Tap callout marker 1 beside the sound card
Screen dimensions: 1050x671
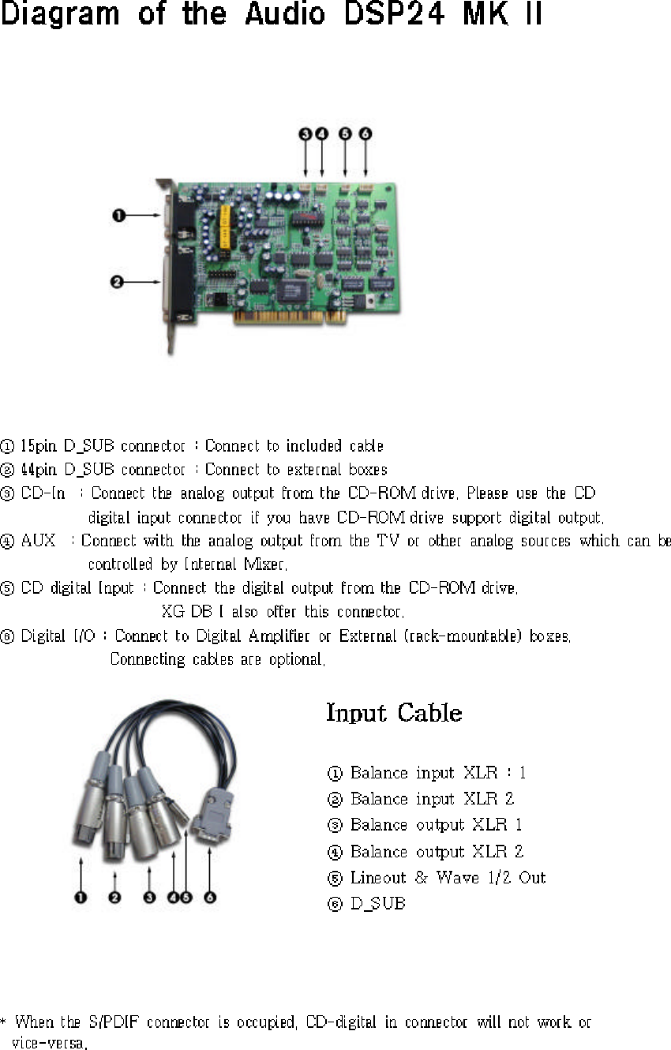116,215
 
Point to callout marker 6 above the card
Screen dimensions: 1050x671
365,134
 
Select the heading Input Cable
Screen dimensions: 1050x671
394,713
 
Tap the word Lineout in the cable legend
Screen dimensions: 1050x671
378,877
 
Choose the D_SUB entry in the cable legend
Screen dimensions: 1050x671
377,903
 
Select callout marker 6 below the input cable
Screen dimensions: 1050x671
209,898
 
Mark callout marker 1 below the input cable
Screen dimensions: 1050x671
81,898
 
